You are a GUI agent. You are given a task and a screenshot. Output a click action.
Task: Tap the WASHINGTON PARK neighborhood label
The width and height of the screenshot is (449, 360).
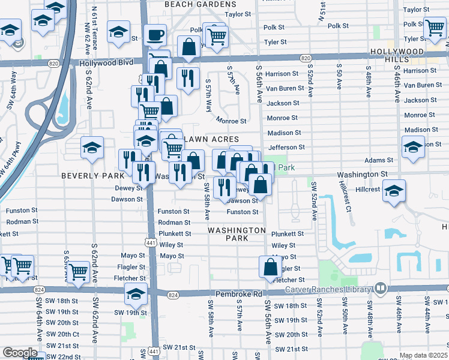coord(237,234)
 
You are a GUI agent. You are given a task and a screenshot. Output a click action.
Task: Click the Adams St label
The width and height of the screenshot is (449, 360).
coord(379,161)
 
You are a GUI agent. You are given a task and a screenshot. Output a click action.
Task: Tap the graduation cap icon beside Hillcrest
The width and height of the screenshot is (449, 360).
coord(393,191)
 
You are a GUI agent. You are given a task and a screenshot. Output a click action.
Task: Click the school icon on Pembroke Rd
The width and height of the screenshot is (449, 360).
coord(136,294)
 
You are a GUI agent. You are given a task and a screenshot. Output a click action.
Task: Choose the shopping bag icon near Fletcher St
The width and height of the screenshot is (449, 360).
coord(270,266)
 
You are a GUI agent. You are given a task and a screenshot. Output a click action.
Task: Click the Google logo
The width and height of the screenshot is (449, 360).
coord(20,353)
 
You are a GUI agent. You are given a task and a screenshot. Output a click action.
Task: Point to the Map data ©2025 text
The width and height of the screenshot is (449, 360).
coord(423,355)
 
